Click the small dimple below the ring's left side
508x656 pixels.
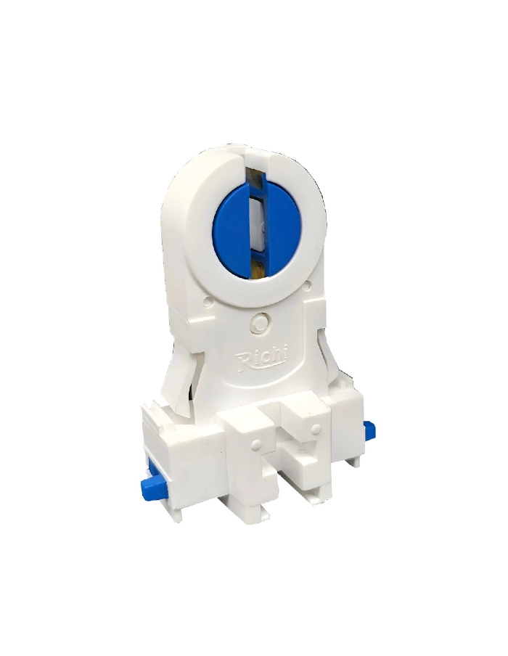tap(208, 298)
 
